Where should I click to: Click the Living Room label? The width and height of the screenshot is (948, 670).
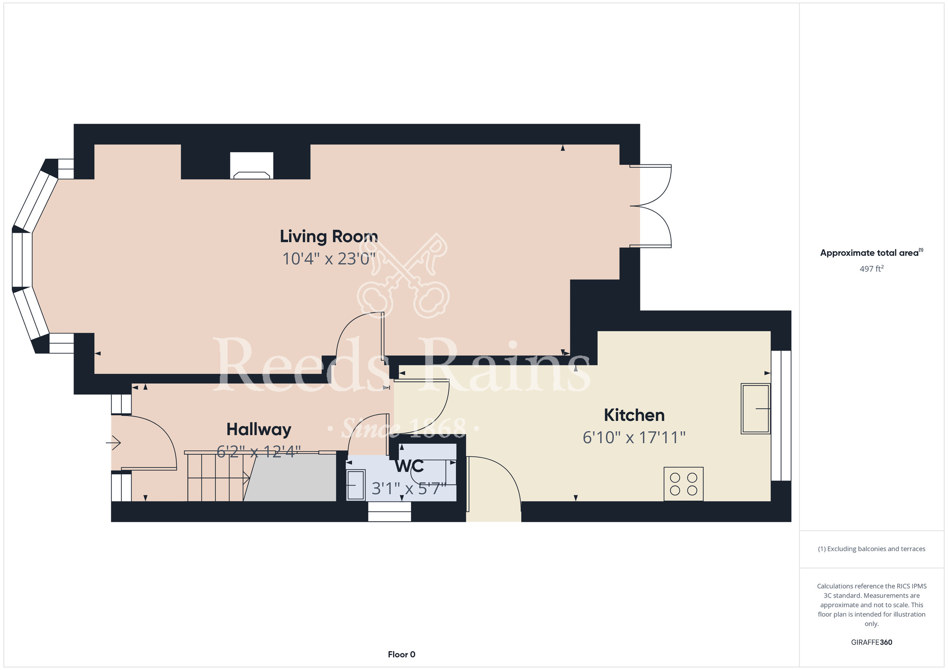pos(329,236)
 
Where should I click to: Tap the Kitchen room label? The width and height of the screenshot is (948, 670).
pos(634,415)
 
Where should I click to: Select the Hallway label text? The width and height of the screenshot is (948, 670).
pos(259,430)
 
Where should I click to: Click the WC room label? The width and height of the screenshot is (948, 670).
pos(410,466)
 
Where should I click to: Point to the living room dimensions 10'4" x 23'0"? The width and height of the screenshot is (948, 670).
pos(329,259)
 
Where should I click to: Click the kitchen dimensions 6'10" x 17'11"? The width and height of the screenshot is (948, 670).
pos(634,437)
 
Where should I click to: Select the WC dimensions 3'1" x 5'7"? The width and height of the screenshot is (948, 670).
pos(409,489)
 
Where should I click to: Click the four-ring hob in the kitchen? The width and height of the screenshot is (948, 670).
pos(684,484)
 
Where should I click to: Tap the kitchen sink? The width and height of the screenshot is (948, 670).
pos(756,408)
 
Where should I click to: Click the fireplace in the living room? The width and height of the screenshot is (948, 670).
pos(252,165)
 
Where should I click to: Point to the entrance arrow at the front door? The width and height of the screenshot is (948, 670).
pos(113,443)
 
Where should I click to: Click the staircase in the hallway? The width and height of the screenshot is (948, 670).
pos(219,477)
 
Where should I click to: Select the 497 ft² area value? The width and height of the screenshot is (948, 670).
pos(872,269)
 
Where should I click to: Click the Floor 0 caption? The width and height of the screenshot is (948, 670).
pos(401,654)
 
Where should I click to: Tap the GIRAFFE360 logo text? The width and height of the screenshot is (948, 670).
pos(872,643)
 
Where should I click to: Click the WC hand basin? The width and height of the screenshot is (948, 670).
pos(356,485)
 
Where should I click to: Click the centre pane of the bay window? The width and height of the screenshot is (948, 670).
pos(22,260)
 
